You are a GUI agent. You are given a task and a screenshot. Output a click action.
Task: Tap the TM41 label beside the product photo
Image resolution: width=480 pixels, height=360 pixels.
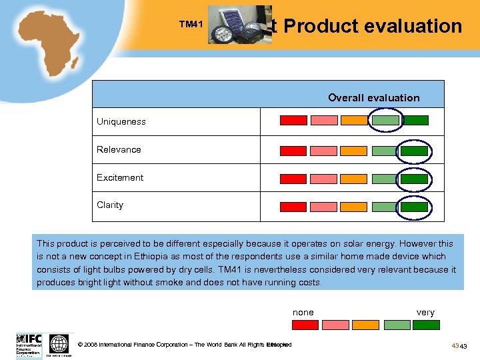click(191, 25)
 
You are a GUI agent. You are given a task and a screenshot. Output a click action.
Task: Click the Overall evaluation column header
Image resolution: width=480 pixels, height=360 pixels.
click(373, 98)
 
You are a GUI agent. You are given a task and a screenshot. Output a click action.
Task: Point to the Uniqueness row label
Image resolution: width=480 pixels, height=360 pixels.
click(121, 121)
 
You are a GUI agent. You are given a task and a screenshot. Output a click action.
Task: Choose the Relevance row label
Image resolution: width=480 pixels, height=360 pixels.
click(119, 149)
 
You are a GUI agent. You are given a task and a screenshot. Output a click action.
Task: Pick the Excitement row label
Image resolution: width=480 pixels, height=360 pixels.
click(120, 177)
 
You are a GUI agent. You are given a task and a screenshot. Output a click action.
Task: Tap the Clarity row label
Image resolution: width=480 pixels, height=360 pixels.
click(110, 205)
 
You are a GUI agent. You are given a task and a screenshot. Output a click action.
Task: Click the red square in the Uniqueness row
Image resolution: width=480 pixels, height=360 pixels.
click(293, 121)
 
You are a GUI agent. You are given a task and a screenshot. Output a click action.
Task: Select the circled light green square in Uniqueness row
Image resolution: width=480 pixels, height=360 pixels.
click(385, 121)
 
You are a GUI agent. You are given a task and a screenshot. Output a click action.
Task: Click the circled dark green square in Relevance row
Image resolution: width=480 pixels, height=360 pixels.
click(415, 151)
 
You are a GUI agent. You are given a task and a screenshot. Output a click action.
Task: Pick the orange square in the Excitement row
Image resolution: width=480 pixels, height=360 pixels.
click(354, 179)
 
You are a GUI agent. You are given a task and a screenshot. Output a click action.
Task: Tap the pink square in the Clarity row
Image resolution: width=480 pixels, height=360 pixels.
click(324, 207)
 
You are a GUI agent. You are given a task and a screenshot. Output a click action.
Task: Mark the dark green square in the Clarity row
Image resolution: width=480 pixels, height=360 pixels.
click(415, 207)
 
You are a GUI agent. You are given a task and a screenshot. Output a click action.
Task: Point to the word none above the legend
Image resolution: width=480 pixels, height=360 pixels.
click(303, 312)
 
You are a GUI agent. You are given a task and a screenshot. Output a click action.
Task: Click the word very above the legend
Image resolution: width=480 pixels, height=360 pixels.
click(425, 312)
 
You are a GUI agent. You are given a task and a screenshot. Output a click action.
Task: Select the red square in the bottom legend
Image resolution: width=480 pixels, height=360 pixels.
click(305, 325)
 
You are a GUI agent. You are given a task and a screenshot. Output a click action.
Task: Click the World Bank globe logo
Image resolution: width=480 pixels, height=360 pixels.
click(59, 344)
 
